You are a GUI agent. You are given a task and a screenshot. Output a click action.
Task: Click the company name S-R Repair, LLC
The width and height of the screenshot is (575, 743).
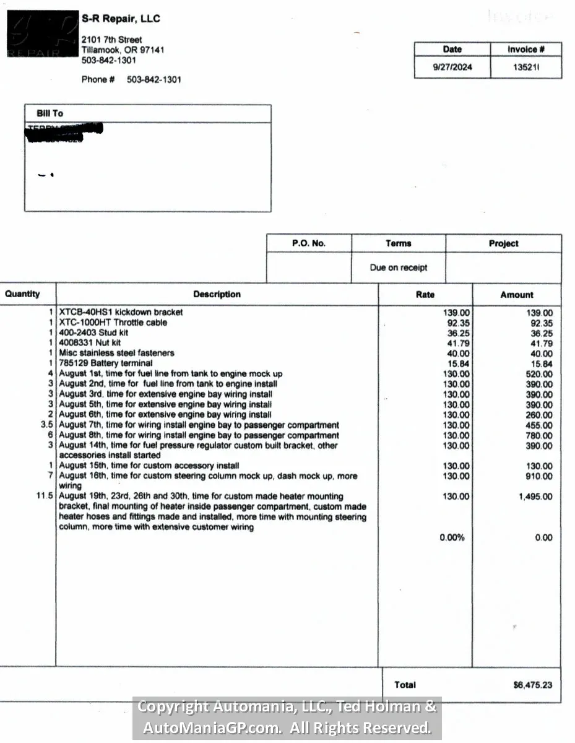pyautogui.click(x=121, y=19)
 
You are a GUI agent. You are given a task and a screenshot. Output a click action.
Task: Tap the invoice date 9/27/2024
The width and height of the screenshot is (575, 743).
pyautogui.click(x=452, y=67)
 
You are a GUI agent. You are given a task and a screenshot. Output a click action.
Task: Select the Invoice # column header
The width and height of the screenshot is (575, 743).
pyautogui.click(x=526, y=50)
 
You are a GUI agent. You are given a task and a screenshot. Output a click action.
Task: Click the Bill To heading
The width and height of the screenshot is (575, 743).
pyautogui.click(x=50, y=113)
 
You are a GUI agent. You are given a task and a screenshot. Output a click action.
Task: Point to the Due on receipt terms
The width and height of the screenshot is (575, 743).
pyautogui.click(x=399, y=267)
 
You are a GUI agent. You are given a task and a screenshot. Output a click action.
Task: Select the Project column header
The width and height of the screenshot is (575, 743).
pyautogui.click(x=503, y=243)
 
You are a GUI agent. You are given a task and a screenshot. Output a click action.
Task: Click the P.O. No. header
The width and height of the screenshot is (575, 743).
pyautogui.click(x=309, y=243)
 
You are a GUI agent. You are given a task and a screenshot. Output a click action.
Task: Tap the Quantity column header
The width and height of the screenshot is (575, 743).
pyautogui.click(x=22, y=294)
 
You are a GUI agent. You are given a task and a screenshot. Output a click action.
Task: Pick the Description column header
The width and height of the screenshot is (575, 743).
pyautogui.click(x=217, y=294)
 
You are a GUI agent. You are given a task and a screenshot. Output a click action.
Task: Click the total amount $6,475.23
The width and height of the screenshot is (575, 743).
pyautogui.click(x=533, y=685)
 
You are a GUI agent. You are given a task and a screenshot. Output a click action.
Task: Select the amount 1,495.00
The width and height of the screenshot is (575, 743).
pyautogui.click(x=535, y=497)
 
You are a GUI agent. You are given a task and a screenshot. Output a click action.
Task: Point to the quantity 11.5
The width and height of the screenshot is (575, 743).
pyautogui.click(x=45, y=497)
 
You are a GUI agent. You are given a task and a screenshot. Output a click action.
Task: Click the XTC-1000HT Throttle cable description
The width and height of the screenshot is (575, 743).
pyautogui.click(x=113, y=323)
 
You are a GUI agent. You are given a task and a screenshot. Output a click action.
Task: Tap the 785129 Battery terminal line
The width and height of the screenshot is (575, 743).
pyautogui.click(x=105, y=363)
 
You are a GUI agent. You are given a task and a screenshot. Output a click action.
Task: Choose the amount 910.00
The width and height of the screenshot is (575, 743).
pyautogui.click(x=539, y=476)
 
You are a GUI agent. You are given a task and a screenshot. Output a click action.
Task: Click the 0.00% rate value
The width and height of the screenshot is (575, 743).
pyautogui.click(x=452, y=537)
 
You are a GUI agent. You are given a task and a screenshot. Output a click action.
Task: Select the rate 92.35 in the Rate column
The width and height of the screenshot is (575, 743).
pyautogui.click(x=458, y=323)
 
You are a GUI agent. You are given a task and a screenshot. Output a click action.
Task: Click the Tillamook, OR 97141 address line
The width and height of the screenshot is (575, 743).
pyautogui.click(x=123, y=50)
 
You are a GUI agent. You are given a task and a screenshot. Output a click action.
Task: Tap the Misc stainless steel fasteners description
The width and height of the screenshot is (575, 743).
pyautogui.click(x=116, y=353)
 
